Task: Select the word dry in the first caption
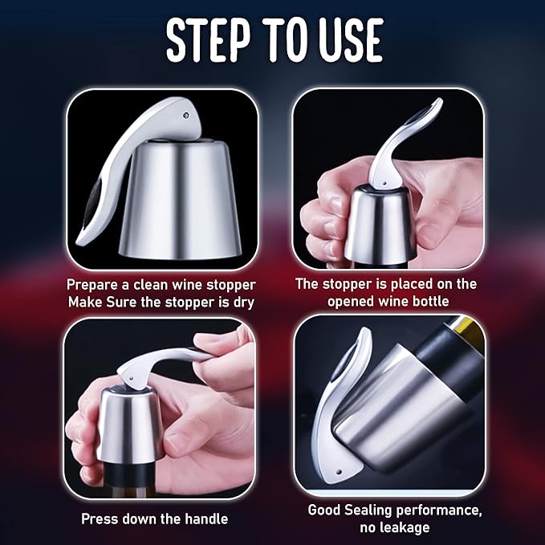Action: [x=243, y=301]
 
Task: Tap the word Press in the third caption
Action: [x=100, y=519]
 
